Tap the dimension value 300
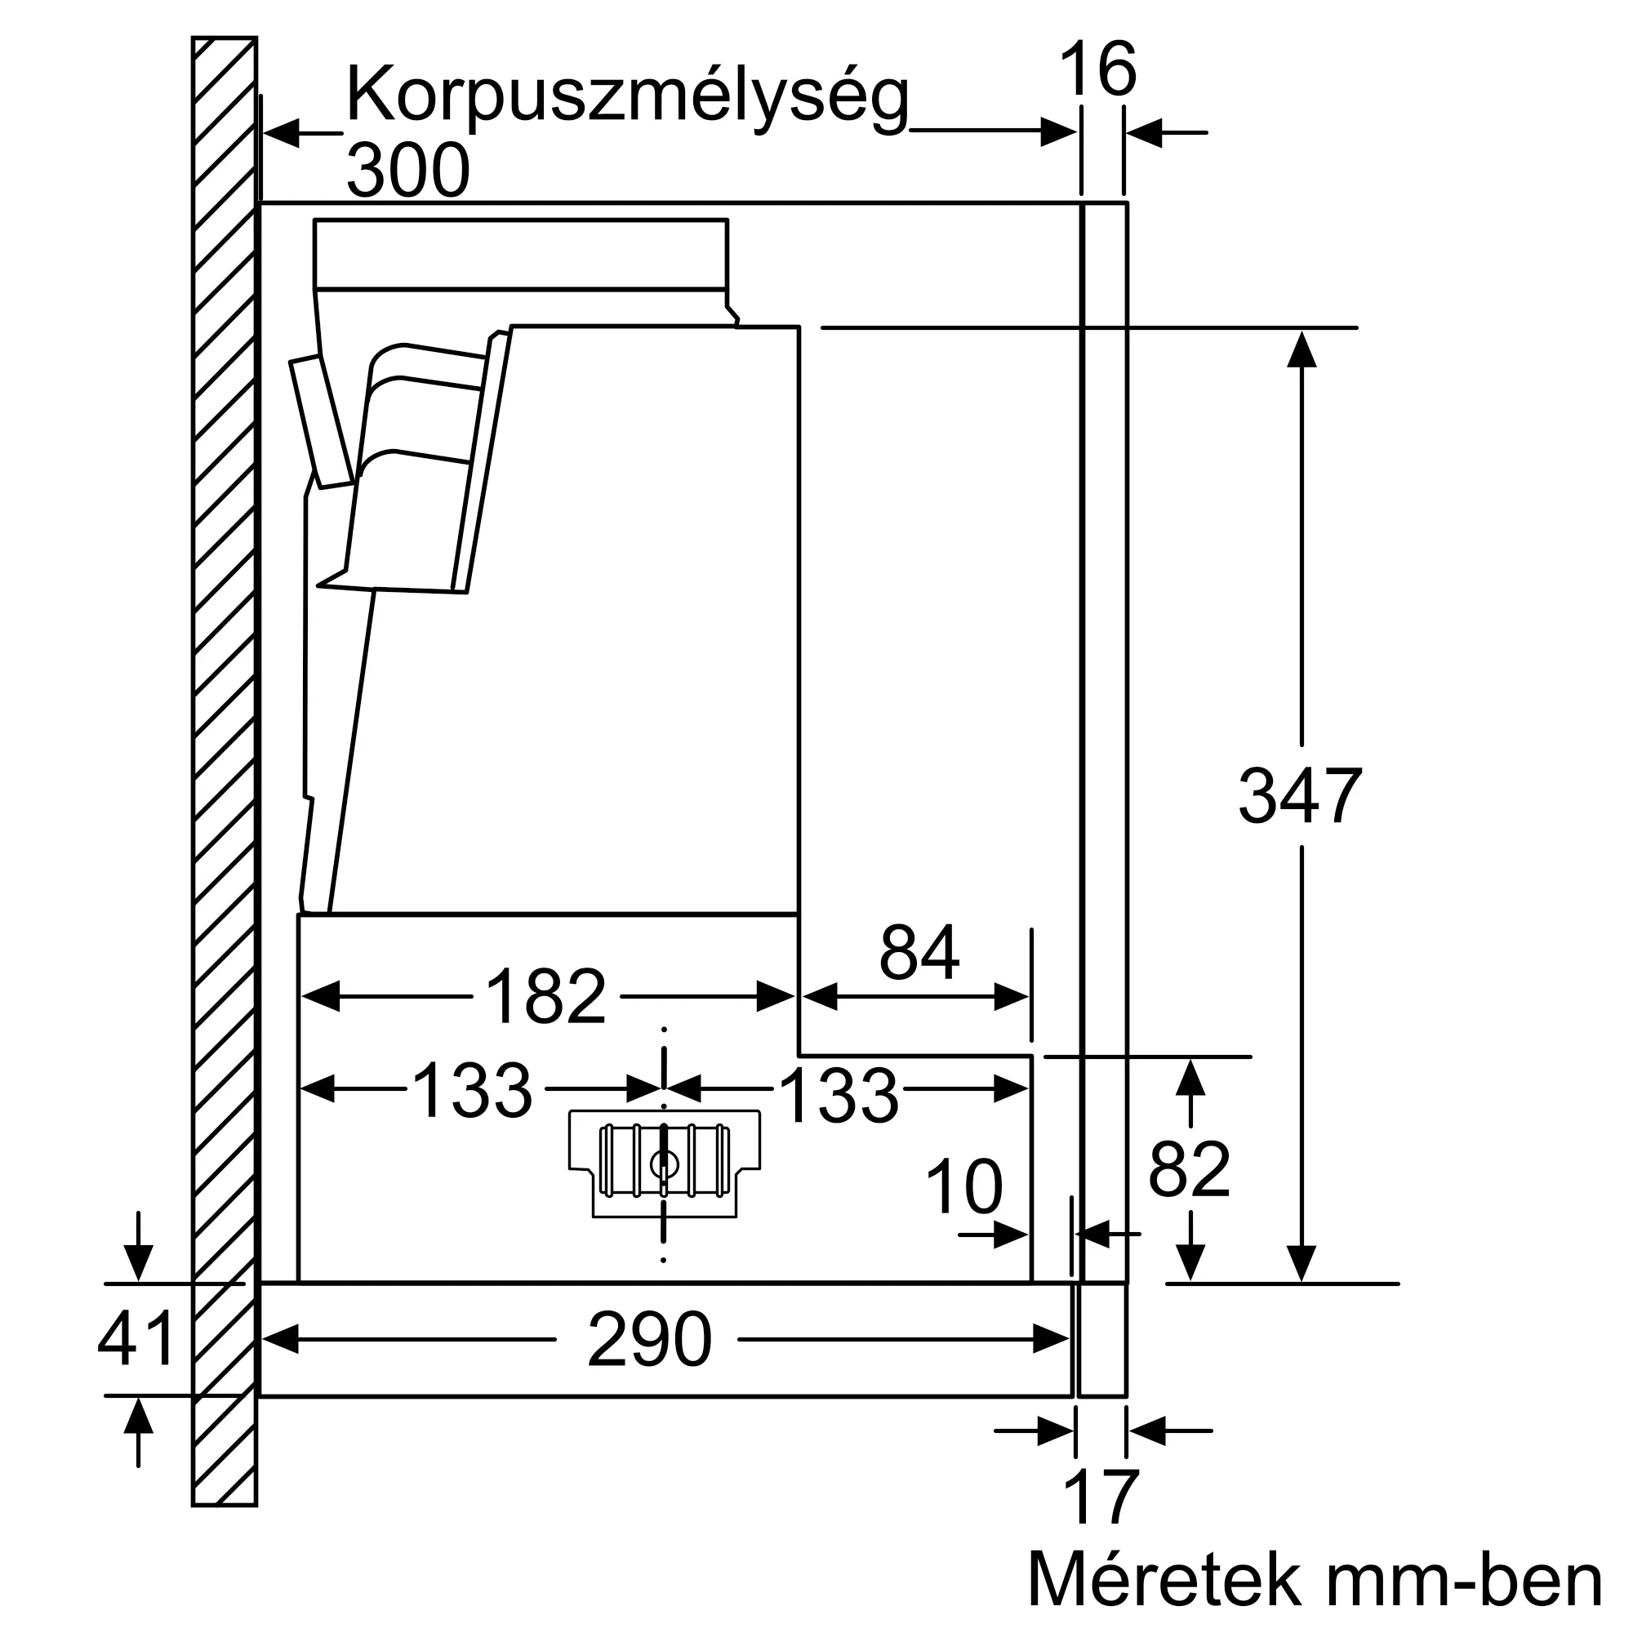click(x=407, y=171)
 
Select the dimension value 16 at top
click(x=1097, y=70)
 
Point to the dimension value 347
click(x=1300, y=795)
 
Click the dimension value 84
click(x=919, y=953)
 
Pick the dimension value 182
click(x=546, y=996)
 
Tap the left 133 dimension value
click(x=473, y=1090)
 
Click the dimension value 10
click(x=963, y=1187)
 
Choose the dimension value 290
click(x=649, y=1340)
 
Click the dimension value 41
click(x=136, y=1339)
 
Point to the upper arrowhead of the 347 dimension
click(x=1302, y=350)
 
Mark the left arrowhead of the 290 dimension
click(x=281, y=1339)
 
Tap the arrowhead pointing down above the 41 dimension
click(x=138, y=1263)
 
